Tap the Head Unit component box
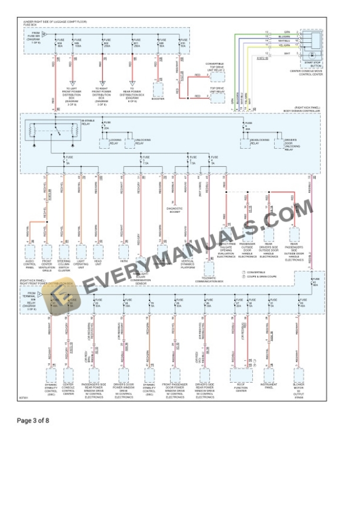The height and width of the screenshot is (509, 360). tap(98, 251)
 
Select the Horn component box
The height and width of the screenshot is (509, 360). tap(124, 251)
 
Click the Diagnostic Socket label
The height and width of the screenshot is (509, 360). tap(174, 209)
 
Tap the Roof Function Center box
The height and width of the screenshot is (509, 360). tap(241, 374)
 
